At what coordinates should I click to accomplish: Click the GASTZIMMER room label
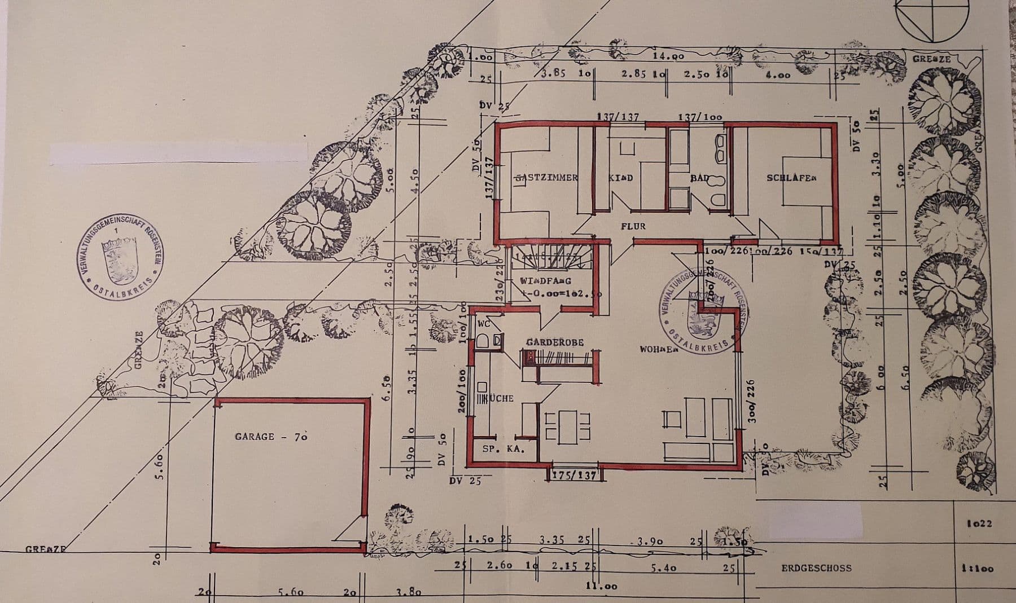546,178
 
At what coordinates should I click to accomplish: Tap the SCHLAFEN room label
791,178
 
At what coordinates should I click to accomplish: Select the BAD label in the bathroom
699,178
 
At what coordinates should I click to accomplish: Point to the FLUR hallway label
633,226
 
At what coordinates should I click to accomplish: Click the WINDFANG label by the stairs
546,280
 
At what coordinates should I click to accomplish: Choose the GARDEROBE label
555,342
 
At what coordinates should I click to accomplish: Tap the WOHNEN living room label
658,350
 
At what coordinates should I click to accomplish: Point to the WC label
484,324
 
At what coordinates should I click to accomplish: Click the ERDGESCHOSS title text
816,568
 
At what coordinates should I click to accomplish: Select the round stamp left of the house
119,256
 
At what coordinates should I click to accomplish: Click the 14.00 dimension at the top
668,56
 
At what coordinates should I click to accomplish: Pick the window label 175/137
573,476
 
